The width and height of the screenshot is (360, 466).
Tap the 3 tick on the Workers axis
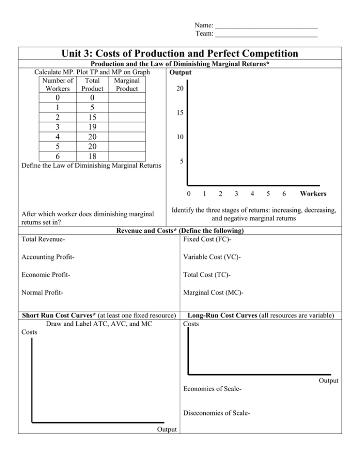pyautogui.click(x=236, y=193)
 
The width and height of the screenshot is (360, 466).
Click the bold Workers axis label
pyautogui.click(x=314, y=193)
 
